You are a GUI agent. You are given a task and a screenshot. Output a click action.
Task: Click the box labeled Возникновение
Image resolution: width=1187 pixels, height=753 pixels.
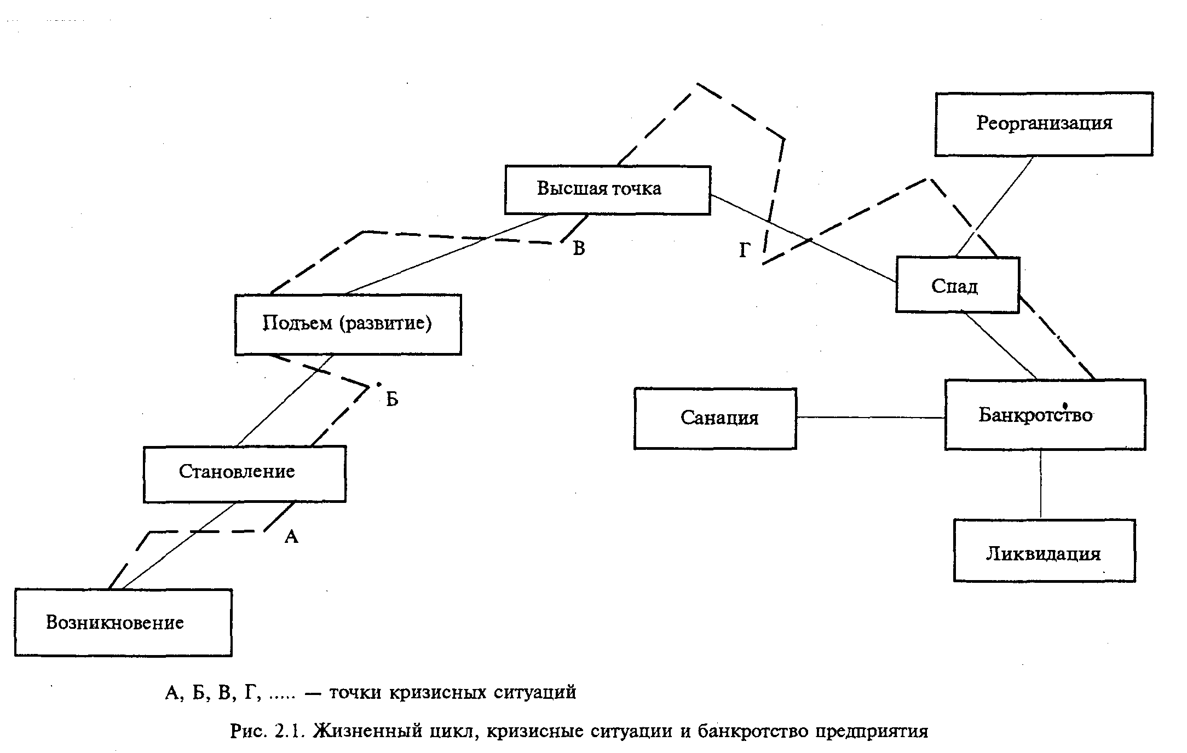pos(123,622)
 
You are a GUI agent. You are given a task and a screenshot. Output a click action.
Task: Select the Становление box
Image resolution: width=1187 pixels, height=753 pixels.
pos(244,473)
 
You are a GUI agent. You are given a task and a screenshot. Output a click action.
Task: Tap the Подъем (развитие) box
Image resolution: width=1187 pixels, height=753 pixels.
pos(348,325)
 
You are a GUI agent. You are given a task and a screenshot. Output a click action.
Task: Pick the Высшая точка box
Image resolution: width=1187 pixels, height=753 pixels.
pos(607,189)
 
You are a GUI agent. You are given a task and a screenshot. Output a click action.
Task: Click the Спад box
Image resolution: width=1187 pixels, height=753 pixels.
pos(957,285)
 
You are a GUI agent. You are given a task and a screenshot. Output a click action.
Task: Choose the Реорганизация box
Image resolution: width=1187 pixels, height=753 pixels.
pos(1044,124)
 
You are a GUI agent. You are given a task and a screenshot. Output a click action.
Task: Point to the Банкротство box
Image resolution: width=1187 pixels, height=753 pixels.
pos(1045,415)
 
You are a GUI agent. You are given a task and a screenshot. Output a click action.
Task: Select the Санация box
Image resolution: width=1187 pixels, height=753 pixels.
pos(715,419)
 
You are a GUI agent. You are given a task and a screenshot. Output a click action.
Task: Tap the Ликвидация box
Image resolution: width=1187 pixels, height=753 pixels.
pos(1044,551)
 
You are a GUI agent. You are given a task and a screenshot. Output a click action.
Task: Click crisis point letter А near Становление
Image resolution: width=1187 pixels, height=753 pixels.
pos(291,537)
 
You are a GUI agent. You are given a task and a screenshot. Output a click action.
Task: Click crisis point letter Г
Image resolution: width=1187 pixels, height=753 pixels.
pos(745,251)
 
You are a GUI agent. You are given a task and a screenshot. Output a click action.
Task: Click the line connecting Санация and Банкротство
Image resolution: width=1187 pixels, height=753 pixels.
pos(871,418)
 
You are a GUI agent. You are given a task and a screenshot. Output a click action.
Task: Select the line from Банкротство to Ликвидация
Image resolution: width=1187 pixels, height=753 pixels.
pos(1040,484)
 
